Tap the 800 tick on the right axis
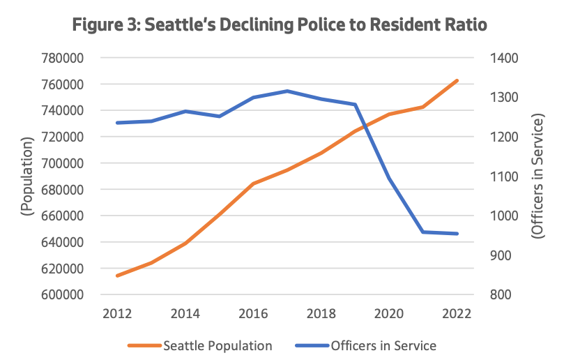508,294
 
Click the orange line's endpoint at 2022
457,81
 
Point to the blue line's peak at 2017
287,91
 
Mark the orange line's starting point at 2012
117,276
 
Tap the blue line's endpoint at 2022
457,234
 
